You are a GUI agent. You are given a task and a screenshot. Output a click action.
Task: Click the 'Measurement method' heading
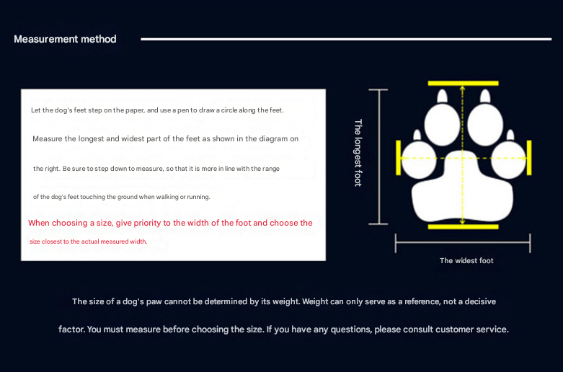(65, 39)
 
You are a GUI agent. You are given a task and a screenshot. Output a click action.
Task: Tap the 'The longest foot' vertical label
(358, 153)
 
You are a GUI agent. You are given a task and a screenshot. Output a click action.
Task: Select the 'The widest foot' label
(466, 260)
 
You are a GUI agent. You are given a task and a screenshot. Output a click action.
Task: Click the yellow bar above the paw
(462, 84)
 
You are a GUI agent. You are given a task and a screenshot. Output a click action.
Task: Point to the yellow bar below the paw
(462, 227)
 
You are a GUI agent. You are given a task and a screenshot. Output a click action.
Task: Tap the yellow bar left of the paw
(398, 157)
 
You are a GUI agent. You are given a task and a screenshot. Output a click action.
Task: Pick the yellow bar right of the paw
(530, 157)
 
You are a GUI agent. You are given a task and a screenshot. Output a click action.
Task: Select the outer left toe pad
(418, 159)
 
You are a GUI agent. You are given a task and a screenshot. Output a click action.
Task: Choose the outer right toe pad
(509, 159)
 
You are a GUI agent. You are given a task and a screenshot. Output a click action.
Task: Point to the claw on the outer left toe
(417, 135)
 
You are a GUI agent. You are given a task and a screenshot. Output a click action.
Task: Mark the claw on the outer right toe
(510, 135)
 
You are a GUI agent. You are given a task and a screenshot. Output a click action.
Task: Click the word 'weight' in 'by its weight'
(282, 301)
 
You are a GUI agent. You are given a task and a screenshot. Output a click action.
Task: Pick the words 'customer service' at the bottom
(476, 329)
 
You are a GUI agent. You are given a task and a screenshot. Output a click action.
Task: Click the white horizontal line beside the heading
(346, 39)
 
